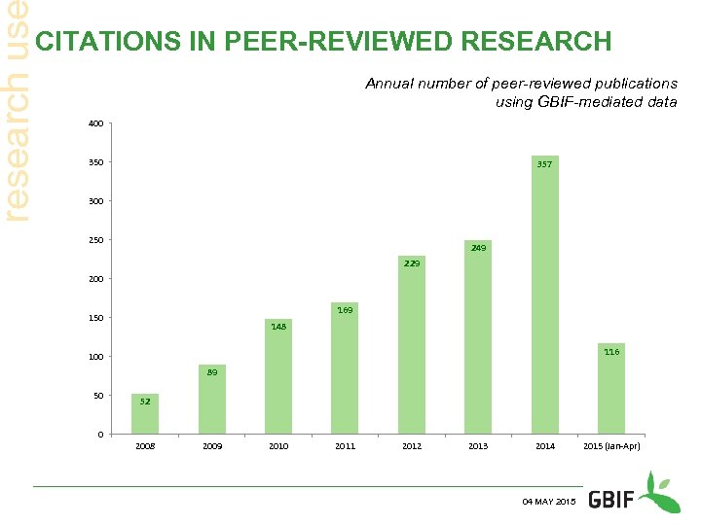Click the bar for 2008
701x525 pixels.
pos(145,414)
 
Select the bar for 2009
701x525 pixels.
pos(211,400)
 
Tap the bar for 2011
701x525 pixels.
pos(345,368)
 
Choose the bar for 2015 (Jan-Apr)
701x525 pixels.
pos(611,389)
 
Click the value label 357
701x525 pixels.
pos(544,164)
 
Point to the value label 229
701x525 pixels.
pos(412,263)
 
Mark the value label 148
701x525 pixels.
pos(278,327)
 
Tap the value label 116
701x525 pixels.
pos(611,351)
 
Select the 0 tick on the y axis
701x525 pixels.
pos(101,434)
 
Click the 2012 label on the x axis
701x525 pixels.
pos(412,446)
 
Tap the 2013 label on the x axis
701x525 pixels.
pos(478,446)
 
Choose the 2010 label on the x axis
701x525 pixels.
pos(278,446)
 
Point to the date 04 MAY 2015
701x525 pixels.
pos(549,501)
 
